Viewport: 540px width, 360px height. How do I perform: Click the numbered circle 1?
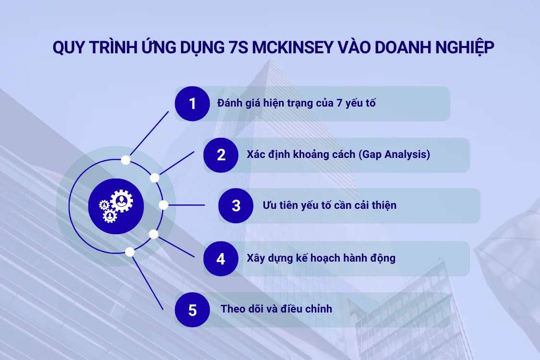pos(192,104)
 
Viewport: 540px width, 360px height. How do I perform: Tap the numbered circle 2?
pos(221,155)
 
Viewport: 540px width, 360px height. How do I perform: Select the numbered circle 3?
pos(236,205)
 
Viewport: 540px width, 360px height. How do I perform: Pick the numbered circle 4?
pos(221,259)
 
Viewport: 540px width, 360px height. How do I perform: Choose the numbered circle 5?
pos(192,310)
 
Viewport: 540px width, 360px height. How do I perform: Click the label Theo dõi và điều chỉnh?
pos(276,309)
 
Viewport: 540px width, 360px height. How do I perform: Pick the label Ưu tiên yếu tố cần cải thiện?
pos(329,205)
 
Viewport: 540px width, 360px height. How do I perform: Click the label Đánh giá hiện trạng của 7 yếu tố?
pos(296,103)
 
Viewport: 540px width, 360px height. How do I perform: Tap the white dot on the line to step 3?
pos(163,205)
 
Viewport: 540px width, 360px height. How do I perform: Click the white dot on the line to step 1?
pos(125,160)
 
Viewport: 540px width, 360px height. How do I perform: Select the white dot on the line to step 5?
pos(130,252)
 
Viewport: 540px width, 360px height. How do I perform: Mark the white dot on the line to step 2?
pos(155,178)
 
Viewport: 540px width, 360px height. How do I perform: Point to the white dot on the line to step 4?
pos(154,234)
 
